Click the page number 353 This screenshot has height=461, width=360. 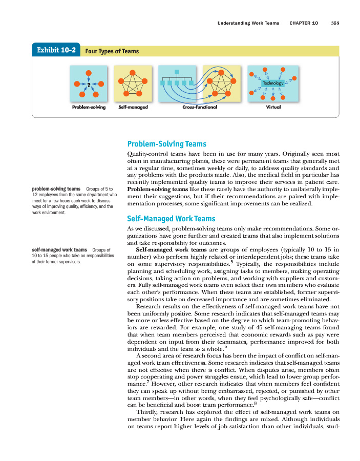pyautogui.click(x=335, y=23)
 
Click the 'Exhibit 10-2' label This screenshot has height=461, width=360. pyautogui.click(x=56, y=50)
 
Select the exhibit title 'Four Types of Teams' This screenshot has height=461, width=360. pyautogui.click(x=112, y=51)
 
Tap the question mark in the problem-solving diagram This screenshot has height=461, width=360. pyautogui.click(x=89, y=84)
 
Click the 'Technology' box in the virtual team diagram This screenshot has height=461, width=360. pyautogui.click(x=272, y=83)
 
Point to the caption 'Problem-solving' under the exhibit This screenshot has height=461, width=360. pyautogui.click(x=89, y=107)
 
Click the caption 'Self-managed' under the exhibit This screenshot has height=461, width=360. pyautogui.click(x=133, y=107)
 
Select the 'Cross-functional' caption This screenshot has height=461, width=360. pyautogui.click(x=199, y=107)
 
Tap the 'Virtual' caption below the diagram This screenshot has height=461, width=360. pyautogui.click(x=273, y=107)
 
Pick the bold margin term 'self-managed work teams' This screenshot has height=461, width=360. pyautogui.click(x=59, y=250)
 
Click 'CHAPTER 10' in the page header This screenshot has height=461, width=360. pyautogui.click(x=304, y=23)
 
